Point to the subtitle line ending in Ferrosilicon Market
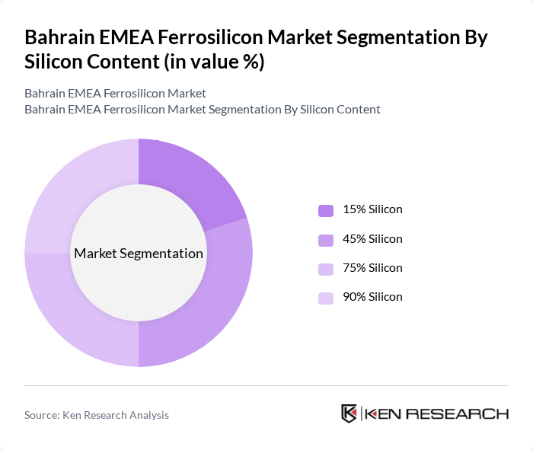[115, 94]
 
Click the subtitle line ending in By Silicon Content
[202, 109]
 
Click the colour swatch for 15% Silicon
[326, 210]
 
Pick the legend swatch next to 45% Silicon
[326, 240]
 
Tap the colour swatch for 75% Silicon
[326, 269]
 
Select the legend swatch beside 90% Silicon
[326, 298]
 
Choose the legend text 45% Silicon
[372, 239]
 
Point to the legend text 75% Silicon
[372, 268]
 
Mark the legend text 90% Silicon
[372, 297]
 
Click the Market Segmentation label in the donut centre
[139, 254]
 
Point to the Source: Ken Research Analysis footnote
[97, 415]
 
